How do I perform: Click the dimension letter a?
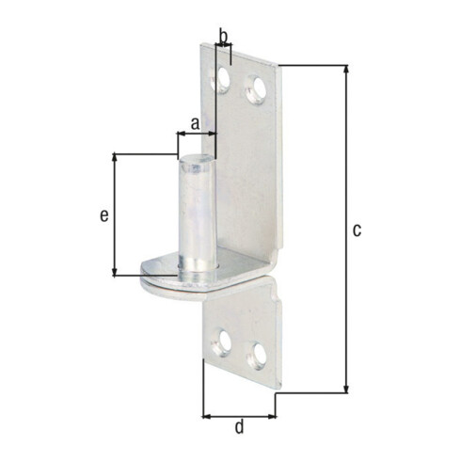point(195,123)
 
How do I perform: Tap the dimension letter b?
point(223,36)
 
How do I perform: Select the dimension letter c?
point(357,230)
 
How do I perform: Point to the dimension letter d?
point(239,427)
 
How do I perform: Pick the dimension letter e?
point(104,215)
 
